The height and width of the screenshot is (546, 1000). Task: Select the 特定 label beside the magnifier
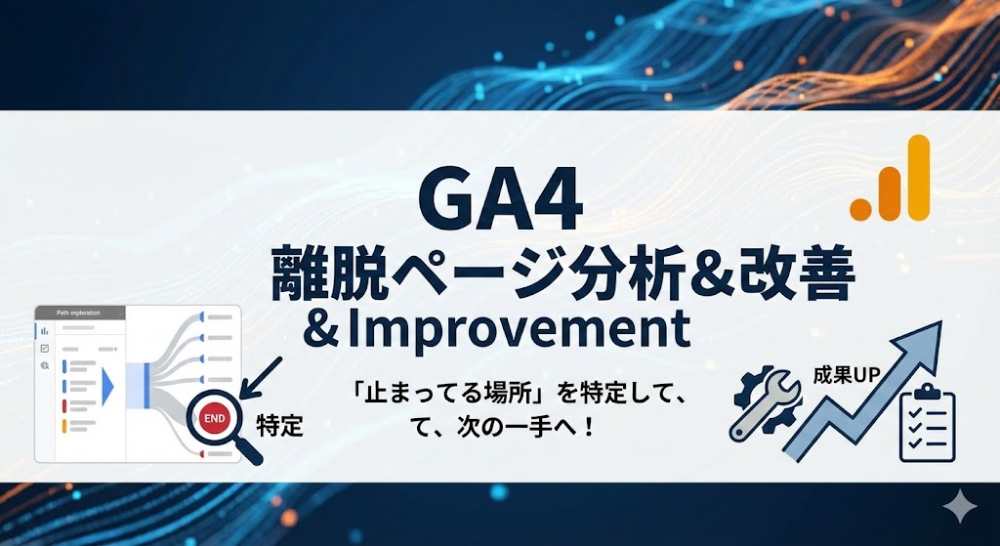[x=279, y=426]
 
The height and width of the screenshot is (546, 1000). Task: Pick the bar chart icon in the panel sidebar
[x=44, y=330]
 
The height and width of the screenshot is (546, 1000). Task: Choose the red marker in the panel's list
[x=64, y=405]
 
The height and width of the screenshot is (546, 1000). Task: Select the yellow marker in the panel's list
[x=64, y=426]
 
